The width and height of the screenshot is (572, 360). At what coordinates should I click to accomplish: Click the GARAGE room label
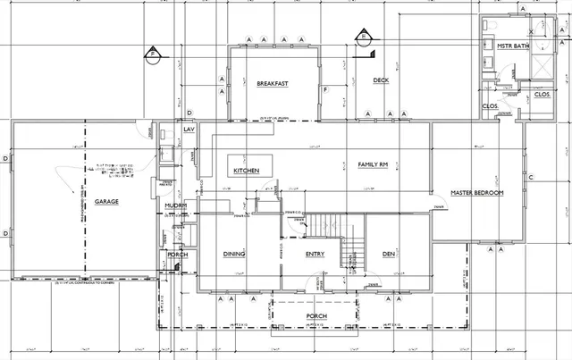pyautogui.click(x=106, y=202)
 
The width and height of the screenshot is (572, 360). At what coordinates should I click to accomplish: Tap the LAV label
pyautogui.click(x=189, y=130)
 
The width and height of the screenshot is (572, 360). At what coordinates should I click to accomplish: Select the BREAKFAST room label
pyautogui.click(x=272, y=84)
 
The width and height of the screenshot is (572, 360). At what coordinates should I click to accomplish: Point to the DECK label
pyautogui.click(x=381, y=80)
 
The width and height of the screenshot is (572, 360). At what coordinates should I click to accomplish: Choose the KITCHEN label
pyautogui.click(x=247, y=171)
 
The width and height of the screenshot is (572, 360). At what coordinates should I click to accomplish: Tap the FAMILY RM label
pyautogui.click(x=372, y=165)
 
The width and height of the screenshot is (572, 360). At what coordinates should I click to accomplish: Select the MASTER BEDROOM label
pyautogui.click(x=477, y=193)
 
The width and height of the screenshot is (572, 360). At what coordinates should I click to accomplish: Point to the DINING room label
pyautogui.click(x=234, y=255)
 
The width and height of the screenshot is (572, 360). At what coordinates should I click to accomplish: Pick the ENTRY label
pyautogui.click(x=315, y=255)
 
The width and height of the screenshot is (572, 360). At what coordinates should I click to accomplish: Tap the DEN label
pyautogui.click(x=389, y=255)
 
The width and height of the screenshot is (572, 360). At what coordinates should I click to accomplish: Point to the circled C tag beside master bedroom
pyautogui.click(x=530, y=178)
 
